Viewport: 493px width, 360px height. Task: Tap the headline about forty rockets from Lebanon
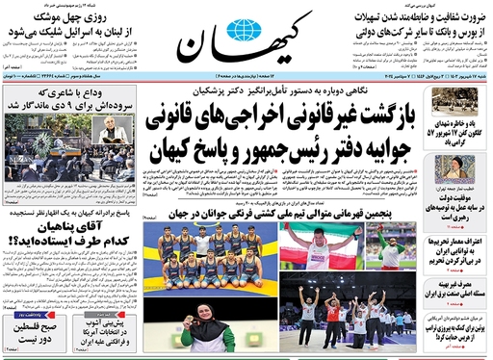click(x=56, y=33)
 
